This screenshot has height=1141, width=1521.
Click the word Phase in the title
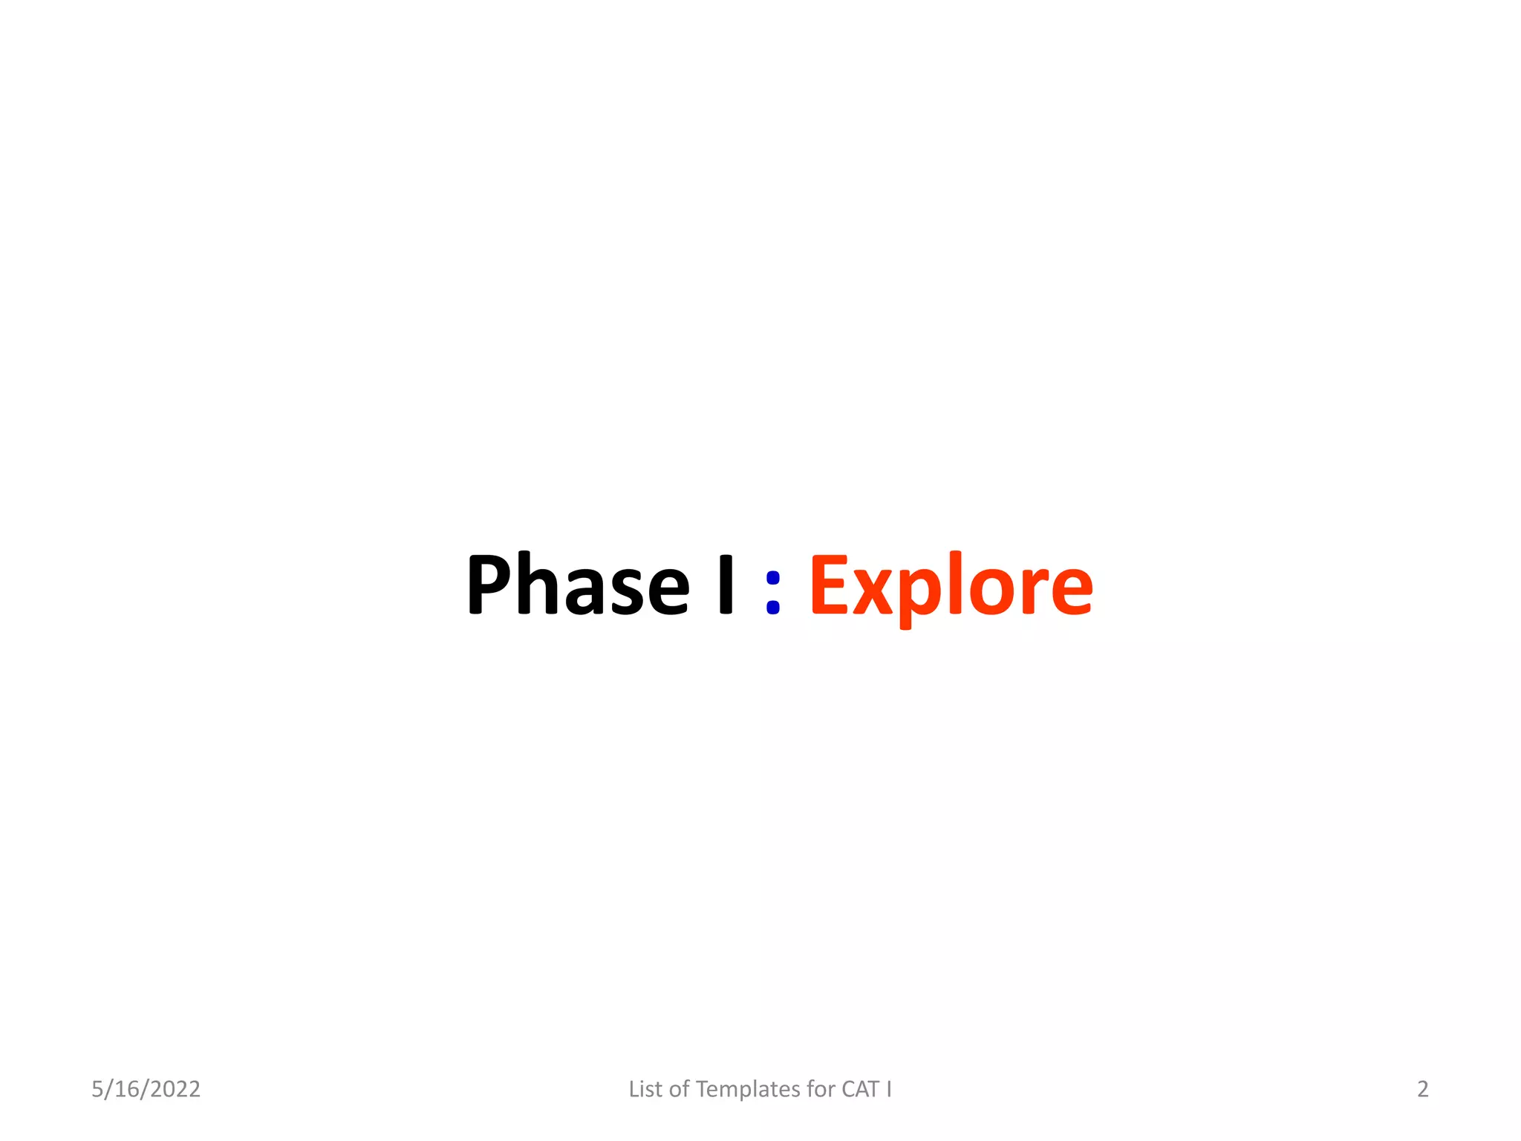click(578, 585)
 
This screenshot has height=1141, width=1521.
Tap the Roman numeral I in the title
click(726, 585)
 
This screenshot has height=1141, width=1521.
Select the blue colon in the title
click(772, 592)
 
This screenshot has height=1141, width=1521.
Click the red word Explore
click(951, 587)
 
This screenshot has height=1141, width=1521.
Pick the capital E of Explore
click(830, 585)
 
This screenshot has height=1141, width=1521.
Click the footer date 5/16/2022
click(146, 1089)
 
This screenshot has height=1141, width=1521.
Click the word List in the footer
click(645, 1089)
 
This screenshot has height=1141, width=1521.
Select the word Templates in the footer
click(748, 1090)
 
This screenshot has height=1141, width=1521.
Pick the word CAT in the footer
click(860, 1089)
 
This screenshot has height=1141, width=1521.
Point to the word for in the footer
click(821, 1089)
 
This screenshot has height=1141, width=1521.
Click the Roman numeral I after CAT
click(888, 1089)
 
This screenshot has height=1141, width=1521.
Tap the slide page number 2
click(1422, 1089)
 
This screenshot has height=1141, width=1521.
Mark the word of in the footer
click(679, 1089)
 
